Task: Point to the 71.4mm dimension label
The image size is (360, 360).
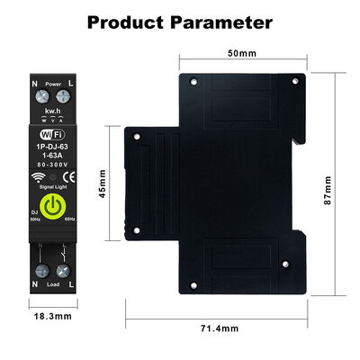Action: [x=220, y=330]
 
